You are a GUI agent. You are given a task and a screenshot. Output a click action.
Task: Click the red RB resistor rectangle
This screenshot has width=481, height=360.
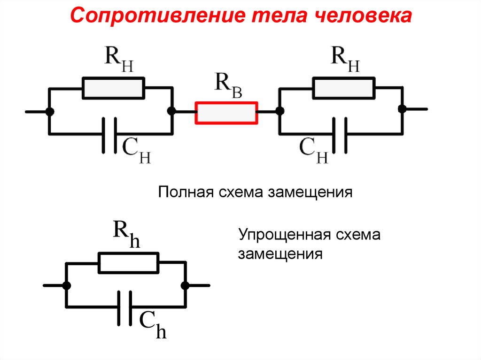pyautogui.click(x=226, y=113)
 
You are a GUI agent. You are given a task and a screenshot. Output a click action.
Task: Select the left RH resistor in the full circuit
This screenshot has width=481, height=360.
pyautogui.click(x=113, y=88)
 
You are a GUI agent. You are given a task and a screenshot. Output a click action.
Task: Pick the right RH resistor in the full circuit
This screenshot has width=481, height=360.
pyautogui.click(x=344, y=88)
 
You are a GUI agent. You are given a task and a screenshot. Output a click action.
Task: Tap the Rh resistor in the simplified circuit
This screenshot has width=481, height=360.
pyautogui.click(x=129, y=263)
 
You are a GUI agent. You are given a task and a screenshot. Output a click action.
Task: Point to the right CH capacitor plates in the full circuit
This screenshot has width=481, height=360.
pyautogui.click(x=340, y=135)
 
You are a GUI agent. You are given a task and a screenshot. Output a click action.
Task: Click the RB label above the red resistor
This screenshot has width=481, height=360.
pyautogui.click(x=228, y=84)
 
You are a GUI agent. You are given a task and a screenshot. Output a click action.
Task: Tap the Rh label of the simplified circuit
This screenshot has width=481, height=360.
pyautogui.click(x=126, y=233)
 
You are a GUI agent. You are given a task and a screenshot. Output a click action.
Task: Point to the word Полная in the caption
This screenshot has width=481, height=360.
pyautogui.click(x=184, y=192)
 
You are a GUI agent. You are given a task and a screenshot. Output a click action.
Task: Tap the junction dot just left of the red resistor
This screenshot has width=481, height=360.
pyautogui.click(x=172, y=112)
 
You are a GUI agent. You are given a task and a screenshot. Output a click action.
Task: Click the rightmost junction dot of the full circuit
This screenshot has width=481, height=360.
pyautogui.click(x=402, y=109)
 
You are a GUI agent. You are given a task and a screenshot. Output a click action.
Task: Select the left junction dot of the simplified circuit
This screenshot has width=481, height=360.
pyautogui.click(x=67, y=285)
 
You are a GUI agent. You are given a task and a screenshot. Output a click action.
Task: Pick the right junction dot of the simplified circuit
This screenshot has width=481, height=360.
pyautogui.click(x=185, y=285)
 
